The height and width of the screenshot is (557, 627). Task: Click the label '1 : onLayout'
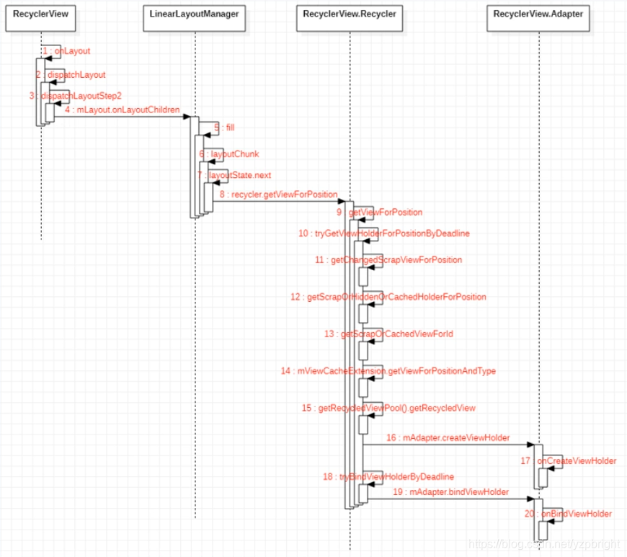coord(66,51)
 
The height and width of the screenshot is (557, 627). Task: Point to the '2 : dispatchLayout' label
coord(71,74)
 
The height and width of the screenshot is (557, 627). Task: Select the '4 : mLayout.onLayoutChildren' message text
coord(122,110)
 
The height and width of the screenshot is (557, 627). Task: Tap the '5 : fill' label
coord(224,128)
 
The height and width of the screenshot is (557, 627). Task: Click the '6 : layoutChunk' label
coord(228,154)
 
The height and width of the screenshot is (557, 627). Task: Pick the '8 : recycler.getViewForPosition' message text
coord(279,195)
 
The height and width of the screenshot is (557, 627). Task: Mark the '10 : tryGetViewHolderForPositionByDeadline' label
coord(384,233)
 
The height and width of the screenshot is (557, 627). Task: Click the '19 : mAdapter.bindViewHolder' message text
coord(451,491)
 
